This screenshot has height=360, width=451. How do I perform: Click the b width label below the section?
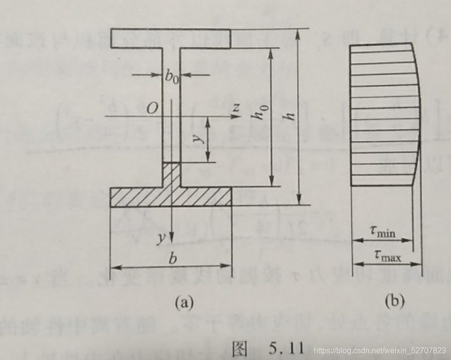171,259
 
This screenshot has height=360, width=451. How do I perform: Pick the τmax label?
388,255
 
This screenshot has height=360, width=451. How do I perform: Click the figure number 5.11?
286,347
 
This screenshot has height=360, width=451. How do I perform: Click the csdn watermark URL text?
380,350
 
